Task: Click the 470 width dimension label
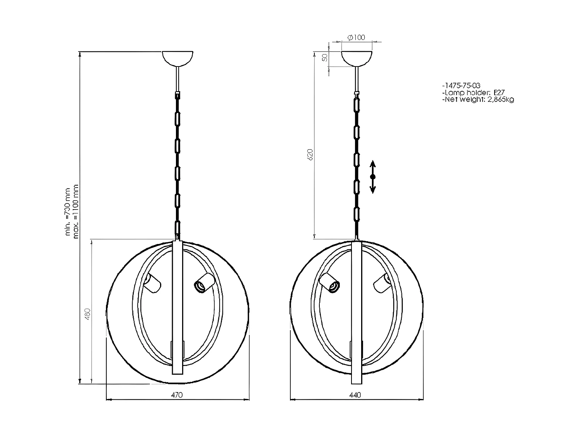point(176,395)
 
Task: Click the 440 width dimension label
point(355,395)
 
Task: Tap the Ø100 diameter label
point(356,38)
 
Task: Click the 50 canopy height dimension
point(325,58)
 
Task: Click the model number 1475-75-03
point(461,86)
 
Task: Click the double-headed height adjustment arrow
point(372,177)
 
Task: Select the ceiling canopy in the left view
point(177,58)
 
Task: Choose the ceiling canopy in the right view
point(357,58)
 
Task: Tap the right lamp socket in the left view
point(203,282)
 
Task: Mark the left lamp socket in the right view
point(330,283)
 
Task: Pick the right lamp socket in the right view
point(382,282)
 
